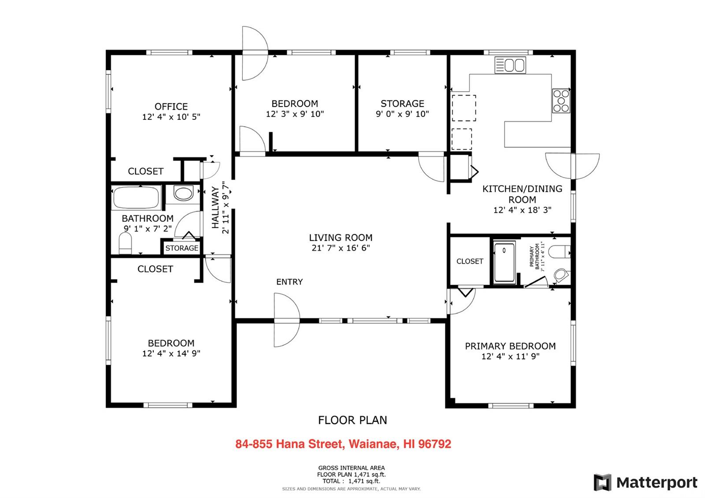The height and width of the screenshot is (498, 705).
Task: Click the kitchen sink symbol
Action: tap(510, 65)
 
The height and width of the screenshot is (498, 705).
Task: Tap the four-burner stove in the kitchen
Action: tap(561, 101)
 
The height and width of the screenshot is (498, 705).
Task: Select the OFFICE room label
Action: tap(171, 106)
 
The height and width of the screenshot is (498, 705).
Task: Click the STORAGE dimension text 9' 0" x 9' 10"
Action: tap(402, 114)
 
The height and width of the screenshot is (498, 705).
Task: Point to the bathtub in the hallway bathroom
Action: tap(136, 198)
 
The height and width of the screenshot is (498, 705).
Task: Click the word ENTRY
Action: tap(289, 282)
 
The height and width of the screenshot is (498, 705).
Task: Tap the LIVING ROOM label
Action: tap(341, 238)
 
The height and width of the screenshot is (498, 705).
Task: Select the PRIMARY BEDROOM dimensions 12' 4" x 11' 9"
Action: tap(510, 356)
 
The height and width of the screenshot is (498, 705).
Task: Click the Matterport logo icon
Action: tap(602, 482)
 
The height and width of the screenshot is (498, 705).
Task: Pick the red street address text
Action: tap(343, 444)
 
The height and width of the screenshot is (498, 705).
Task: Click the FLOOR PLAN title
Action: tap(352, 420)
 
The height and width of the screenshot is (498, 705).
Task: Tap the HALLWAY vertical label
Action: tap(215, 207)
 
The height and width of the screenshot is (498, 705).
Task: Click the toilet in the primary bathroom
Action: tap(559, 252)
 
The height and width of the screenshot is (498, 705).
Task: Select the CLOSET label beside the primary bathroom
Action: tap(470, 261)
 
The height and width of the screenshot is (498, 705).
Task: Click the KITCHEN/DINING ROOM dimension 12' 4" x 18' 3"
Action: tap(522, 210)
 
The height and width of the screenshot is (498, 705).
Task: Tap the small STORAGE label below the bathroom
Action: tap(182, 248)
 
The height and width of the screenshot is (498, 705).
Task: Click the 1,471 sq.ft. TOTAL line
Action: tap(351, 481)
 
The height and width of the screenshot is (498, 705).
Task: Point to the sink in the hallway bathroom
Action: tap(183, 193)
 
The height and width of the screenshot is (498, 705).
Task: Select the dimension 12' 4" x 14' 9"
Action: tap(171, 353)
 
